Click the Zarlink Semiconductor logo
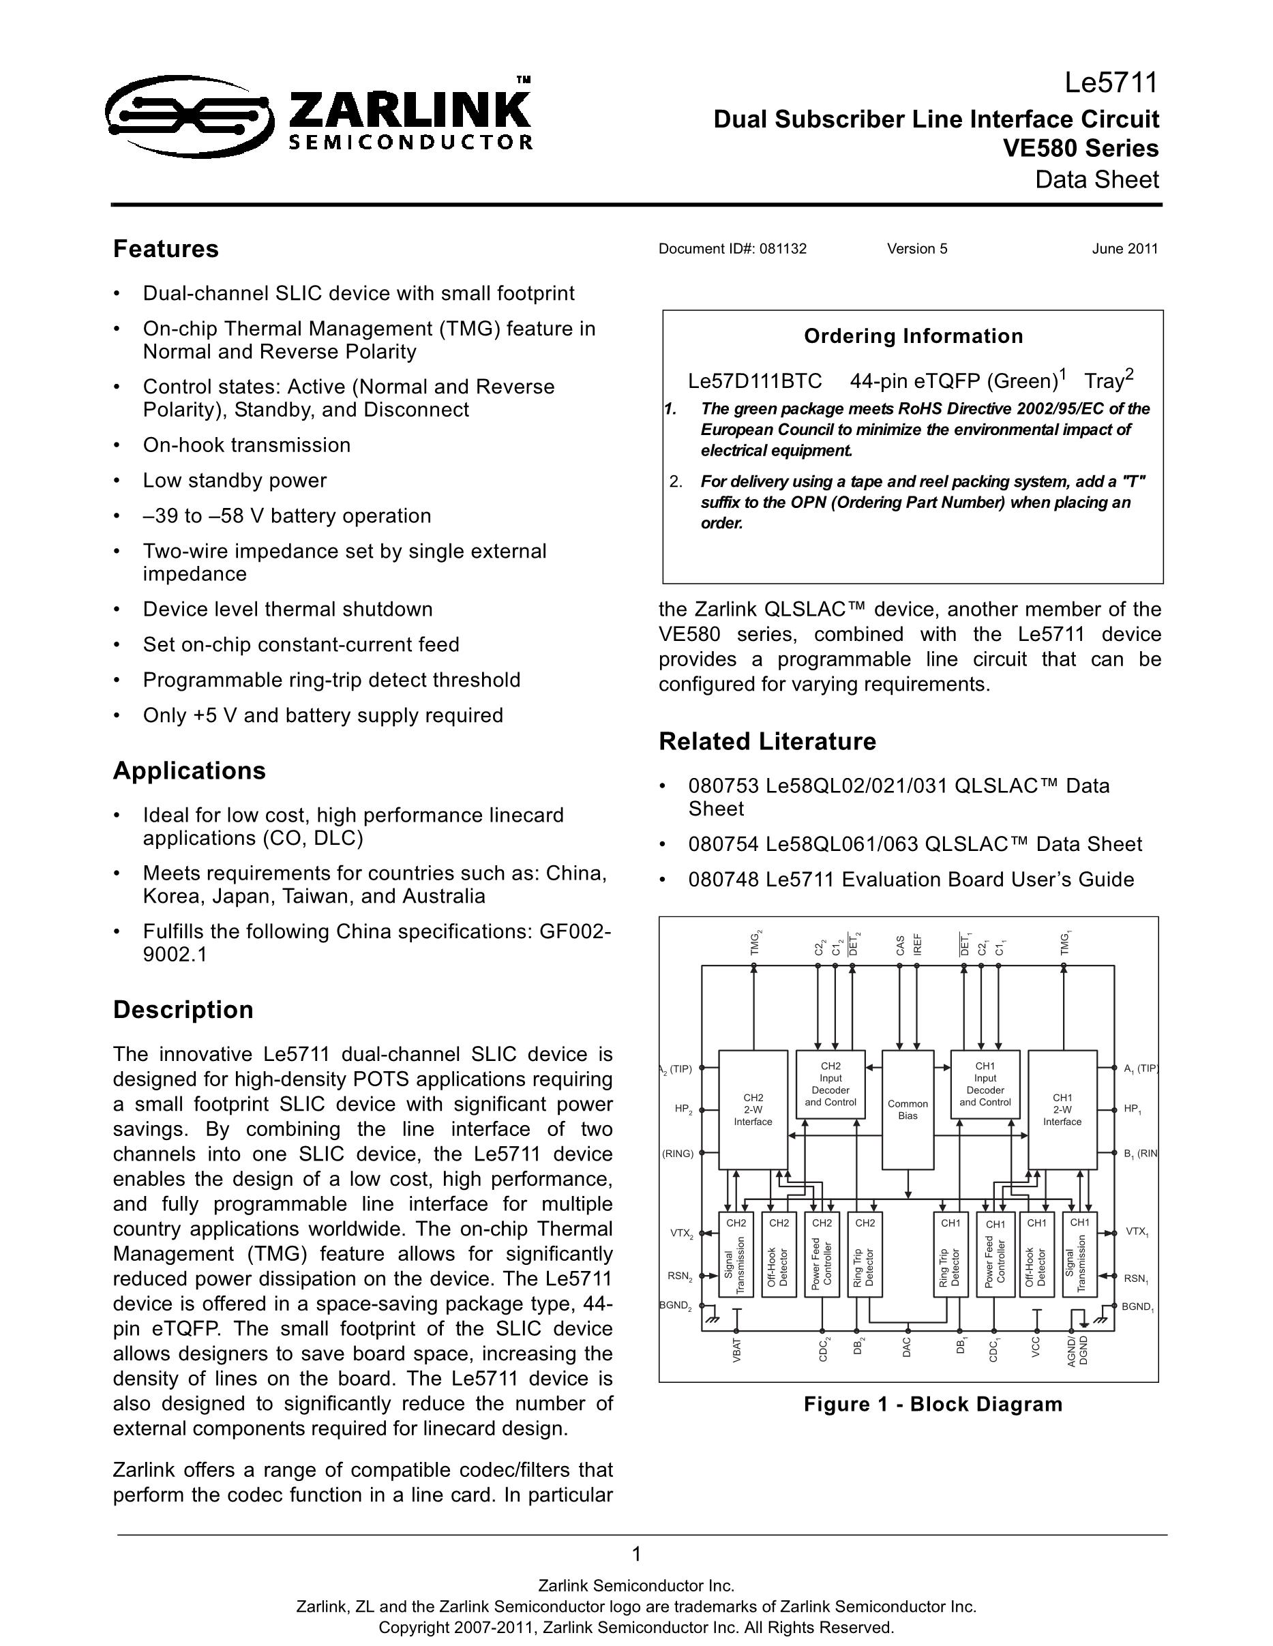click(x=320, y=115)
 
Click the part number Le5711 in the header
click(x=1111, y=83)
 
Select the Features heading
click(x=166, y=250)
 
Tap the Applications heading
click(x=189, y=771)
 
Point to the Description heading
click(x=183, y=1010)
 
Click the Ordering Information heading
click(x=914, y=336)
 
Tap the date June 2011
click(x=1124, y=250)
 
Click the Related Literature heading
click(x=767, y=742)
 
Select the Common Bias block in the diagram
click(x=908, y=1110)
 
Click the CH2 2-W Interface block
click(x=753, y=1110)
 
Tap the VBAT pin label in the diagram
click(x=737, y=1350)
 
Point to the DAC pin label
click(x=907, y=1347)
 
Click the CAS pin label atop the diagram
click(x=901, y=946)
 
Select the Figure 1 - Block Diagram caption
click(x=933, y=1405)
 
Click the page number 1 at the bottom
click(x=636, y=1554)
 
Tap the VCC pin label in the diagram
click(x=1036, y=1347)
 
